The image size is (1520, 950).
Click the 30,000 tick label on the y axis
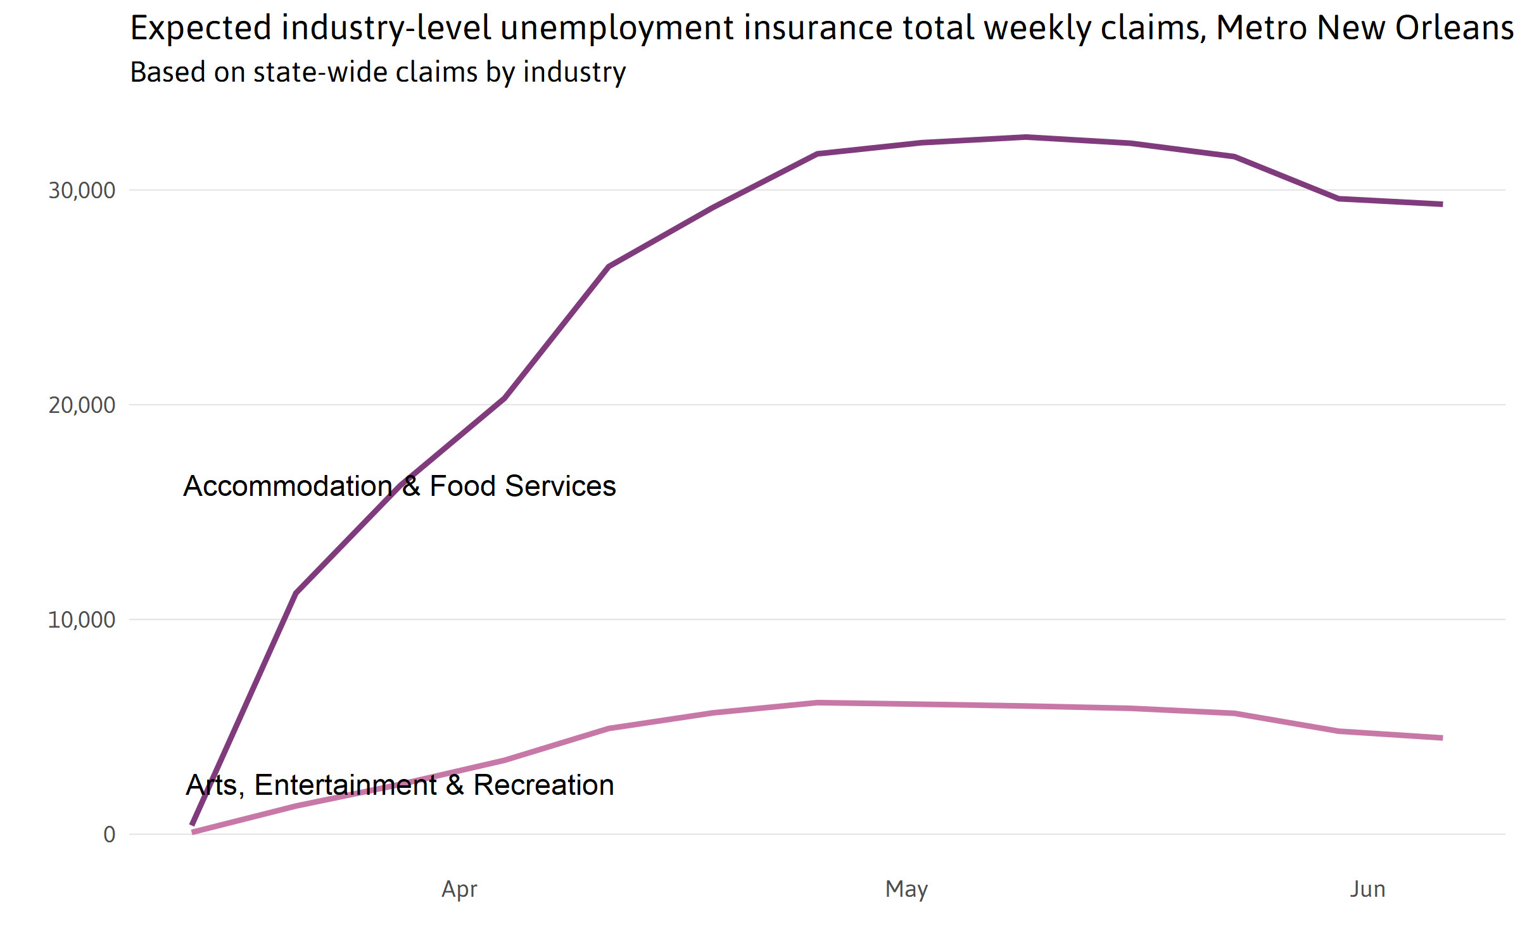[82, 190]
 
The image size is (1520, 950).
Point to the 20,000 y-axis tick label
[82, 405]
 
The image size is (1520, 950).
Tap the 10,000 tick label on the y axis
[82, 619]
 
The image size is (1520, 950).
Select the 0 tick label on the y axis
[110, 834]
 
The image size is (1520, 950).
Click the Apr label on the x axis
[459, 889]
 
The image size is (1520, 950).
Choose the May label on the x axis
[906, 889]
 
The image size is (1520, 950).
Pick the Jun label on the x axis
[1367, 889]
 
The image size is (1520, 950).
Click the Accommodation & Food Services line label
[400, 486]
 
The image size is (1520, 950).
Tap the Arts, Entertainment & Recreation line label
[400, 785]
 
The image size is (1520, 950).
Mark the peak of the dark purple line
[1027, 137]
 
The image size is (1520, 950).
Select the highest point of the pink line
[818, 702]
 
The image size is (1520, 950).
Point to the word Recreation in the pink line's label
[543, 785]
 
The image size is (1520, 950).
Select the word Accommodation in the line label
[288, 486]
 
